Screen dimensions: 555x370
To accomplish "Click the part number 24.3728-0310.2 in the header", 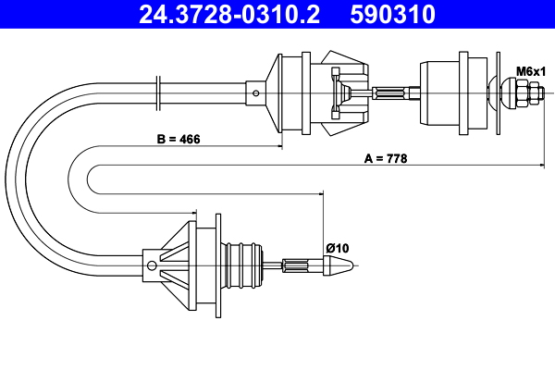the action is (x=229, y=14).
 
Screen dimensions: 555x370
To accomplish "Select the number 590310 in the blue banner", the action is (x=392, y=14).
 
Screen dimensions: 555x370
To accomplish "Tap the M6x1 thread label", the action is (x=531, y=71).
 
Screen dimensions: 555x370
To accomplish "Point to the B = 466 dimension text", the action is (x=179, y=139).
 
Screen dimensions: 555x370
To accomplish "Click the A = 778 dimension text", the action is (x=386, y=158).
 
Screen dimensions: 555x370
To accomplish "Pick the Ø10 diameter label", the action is (x=338, y=248).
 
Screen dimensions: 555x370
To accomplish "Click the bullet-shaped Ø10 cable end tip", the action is (x=338, y=265).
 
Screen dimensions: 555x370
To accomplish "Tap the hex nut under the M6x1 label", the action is (x=523, y=93).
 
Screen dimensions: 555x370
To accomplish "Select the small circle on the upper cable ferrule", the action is (x=256, y=93).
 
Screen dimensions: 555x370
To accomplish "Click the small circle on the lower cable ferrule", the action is (x=152, y=265).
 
